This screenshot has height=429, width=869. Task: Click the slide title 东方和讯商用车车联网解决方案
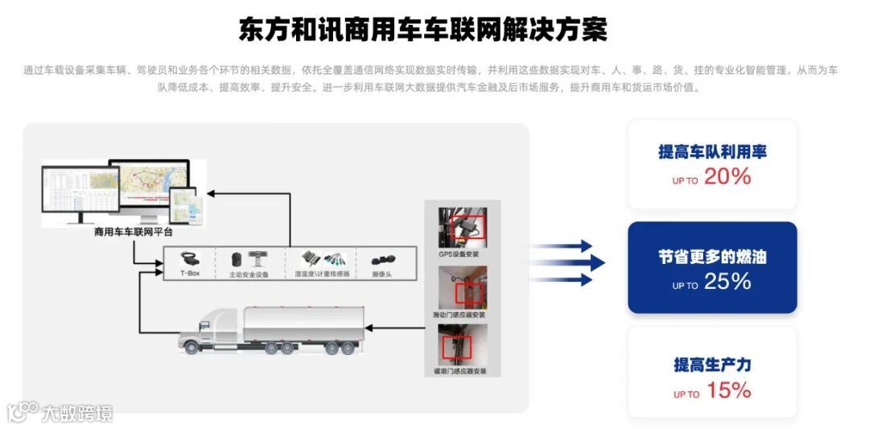click(423, 30)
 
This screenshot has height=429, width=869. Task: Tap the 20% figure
click(727, 177)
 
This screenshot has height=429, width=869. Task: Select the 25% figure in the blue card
click(727, 282)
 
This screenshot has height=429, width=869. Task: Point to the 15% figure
click(728, 391)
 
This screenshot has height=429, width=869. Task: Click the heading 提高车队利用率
click(712, 152)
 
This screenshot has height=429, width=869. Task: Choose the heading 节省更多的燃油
click(712, 258)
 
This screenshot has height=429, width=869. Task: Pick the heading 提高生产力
click(712, 365)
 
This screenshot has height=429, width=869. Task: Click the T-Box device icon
click(189, 258)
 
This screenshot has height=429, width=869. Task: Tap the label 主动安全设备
click(249, 274)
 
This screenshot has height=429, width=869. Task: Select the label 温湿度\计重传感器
click(323, 274)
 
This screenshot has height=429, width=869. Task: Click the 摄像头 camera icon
click(382, 260)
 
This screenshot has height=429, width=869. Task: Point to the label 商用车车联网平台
click(134, 232)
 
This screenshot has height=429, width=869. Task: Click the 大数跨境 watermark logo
click(60, 413)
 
